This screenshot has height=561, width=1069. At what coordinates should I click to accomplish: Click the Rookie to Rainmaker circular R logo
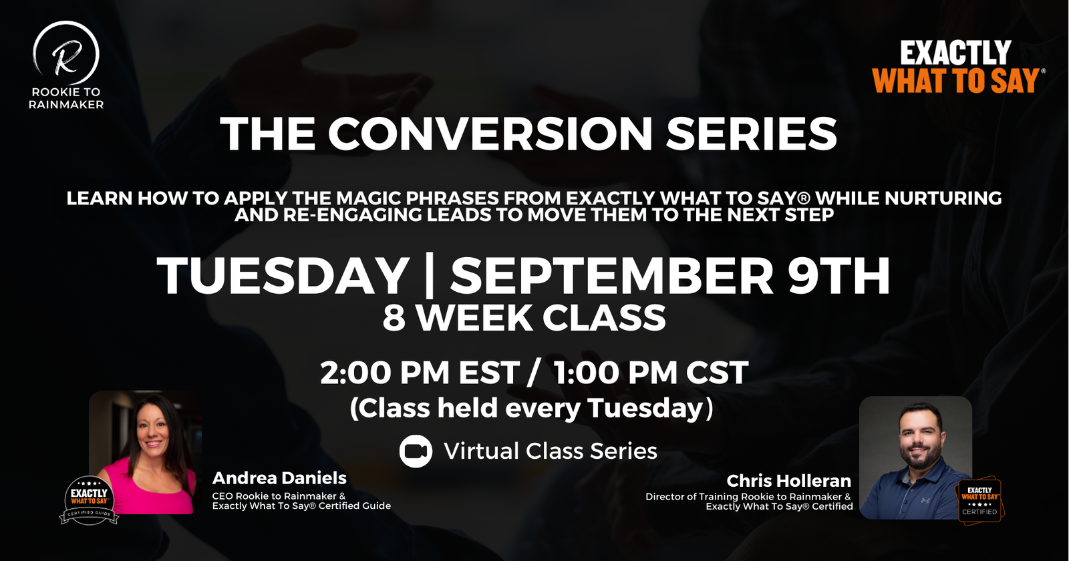[x=66, y=53]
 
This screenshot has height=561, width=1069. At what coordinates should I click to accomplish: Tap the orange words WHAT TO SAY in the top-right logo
[x=956, y=81]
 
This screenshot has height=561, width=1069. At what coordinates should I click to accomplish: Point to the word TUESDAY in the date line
[x=283, y=276]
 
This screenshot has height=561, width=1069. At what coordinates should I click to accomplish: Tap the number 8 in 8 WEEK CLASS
[x=394, y=318]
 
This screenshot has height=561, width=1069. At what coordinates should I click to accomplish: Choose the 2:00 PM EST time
[x=420, y=373]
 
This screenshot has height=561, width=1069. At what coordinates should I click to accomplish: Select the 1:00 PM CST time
[x=651, y=373]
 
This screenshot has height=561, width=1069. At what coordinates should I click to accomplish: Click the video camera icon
[x=416, y=451]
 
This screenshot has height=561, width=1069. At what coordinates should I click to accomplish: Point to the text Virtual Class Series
[x=551, y=451]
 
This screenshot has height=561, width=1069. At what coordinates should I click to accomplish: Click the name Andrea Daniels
[x=279, y=478]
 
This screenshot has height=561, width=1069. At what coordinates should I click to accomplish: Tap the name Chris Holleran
[x=788, y=480]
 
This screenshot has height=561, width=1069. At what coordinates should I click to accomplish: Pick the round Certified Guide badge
[x=90, y=500]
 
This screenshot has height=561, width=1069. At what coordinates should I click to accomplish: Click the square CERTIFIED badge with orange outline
[x=979, y=500]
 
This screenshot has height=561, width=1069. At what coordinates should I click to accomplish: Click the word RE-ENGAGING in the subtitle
[x=352, y=215]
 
